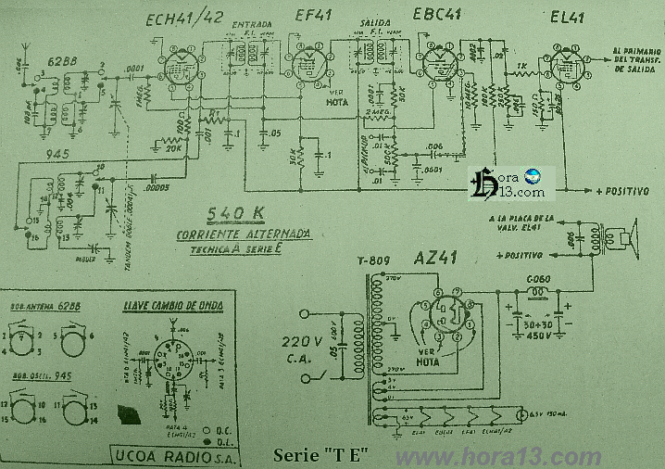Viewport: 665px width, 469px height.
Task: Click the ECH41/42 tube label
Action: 186,19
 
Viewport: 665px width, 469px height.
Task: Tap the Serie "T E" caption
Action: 322,455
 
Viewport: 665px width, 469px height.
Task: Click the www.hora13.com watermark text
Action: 497,456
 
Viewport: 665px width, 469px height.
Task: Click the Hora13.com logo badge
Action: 510,183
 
